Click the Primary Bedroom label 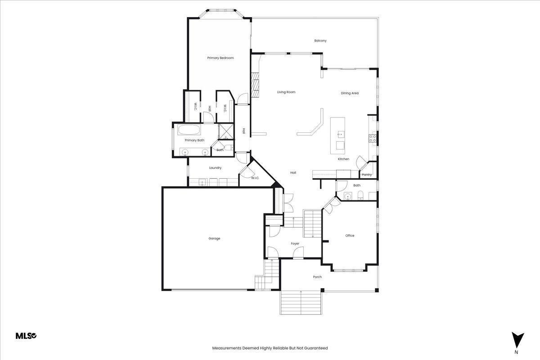[220, 58]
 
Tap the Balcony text [320, 41]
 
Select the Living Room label [286, 92]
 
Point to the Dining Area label [350, 93]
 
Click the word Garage [214, 238]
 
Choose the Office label [350, 236]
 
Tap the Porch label [317, 277]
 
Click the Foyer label [295, 243]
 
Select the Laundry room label [215, 168]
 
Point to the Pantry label [367, 175]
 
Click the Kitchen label [343, 159]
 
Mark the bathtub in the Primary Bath [189, 130]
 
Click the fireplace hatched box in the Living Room [255, 85]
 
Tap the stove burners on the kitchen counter [373, 138]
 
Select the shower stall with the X [226, 131]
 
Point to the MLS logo [26, 336]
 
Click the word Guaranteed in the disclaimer [316, 348]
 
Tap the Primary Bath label [194, 140]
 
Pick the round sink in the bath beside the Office [347, 197]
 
